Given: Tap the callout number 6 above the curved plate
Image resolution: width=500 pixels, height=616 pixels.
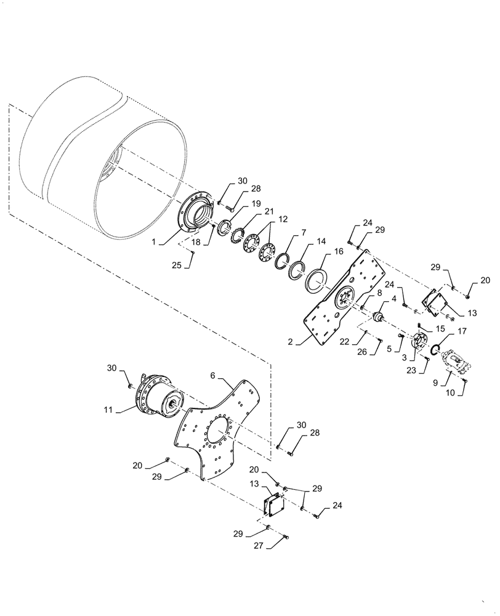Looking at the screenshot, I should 212,375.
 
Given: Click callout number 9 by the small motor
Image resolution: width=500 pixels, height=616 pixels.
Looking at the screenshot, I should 436,383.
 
